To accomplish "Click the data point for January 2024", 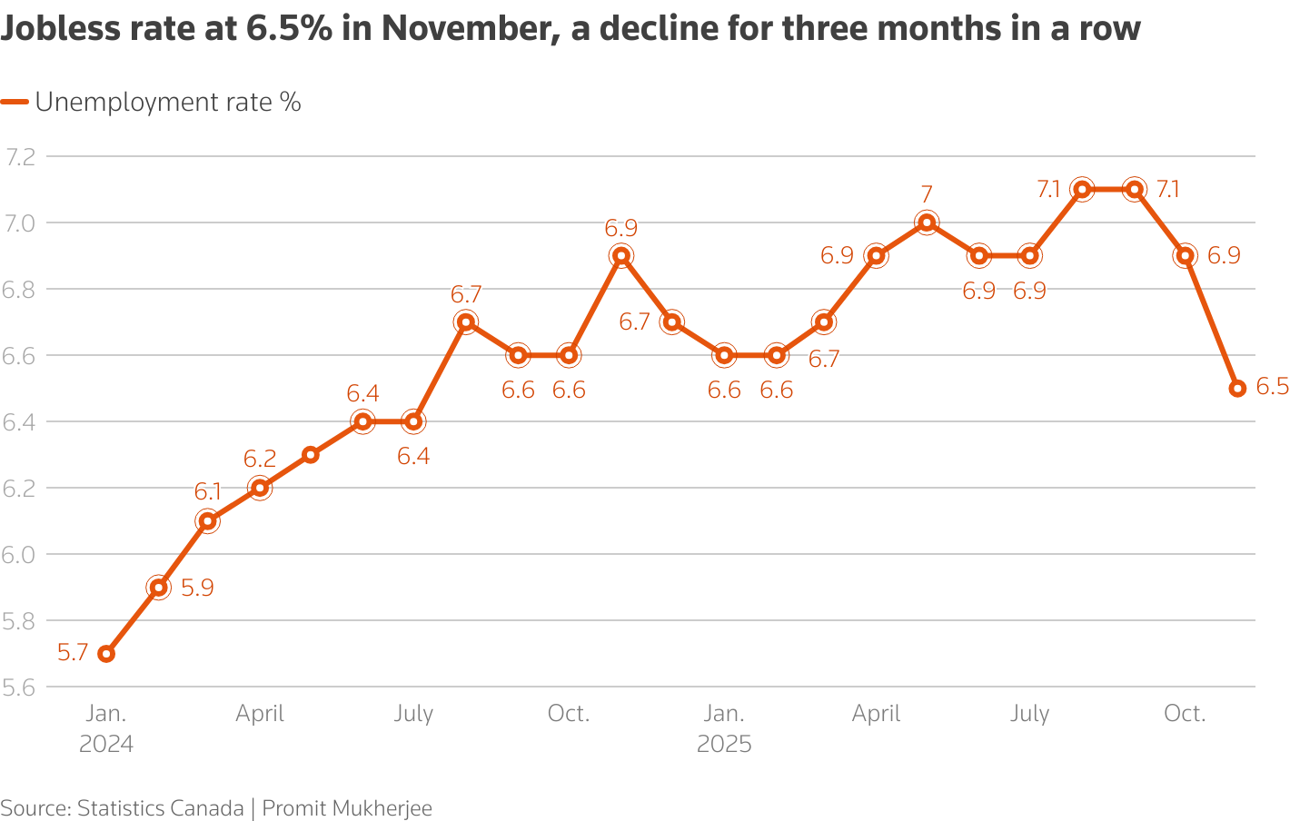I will [106, 654].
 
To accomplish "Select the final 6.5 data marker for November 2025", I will [1237, 389].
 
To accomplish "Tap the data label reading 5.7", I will [73, 653].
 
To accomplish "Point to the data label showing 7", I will [927, 194].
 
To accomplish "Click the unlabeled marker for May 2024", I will [311, 455].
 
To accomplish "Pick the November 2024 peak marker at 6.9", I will [620, 256].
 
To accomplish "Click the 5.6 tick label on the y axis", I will [20, 687].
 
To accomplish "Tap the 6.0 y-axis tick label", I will [20, 555].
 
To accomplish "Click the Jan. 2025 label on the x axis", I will [724, 729].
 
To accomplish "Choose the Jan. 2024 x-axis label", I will [106, 729].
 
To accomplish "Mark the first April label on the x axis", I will [260, 714].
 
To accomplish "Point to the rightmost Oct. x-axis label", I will [1185, 714].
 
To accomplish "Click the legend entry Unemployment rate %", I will [168, 103].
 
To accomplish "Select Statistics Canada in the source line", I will [160, 808].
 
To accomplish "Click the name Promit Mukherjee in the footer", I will [347, 808].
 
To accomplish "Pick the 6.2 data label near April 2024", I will [260, 459].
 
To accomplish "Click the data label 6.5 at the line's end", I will [1272, 388].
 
